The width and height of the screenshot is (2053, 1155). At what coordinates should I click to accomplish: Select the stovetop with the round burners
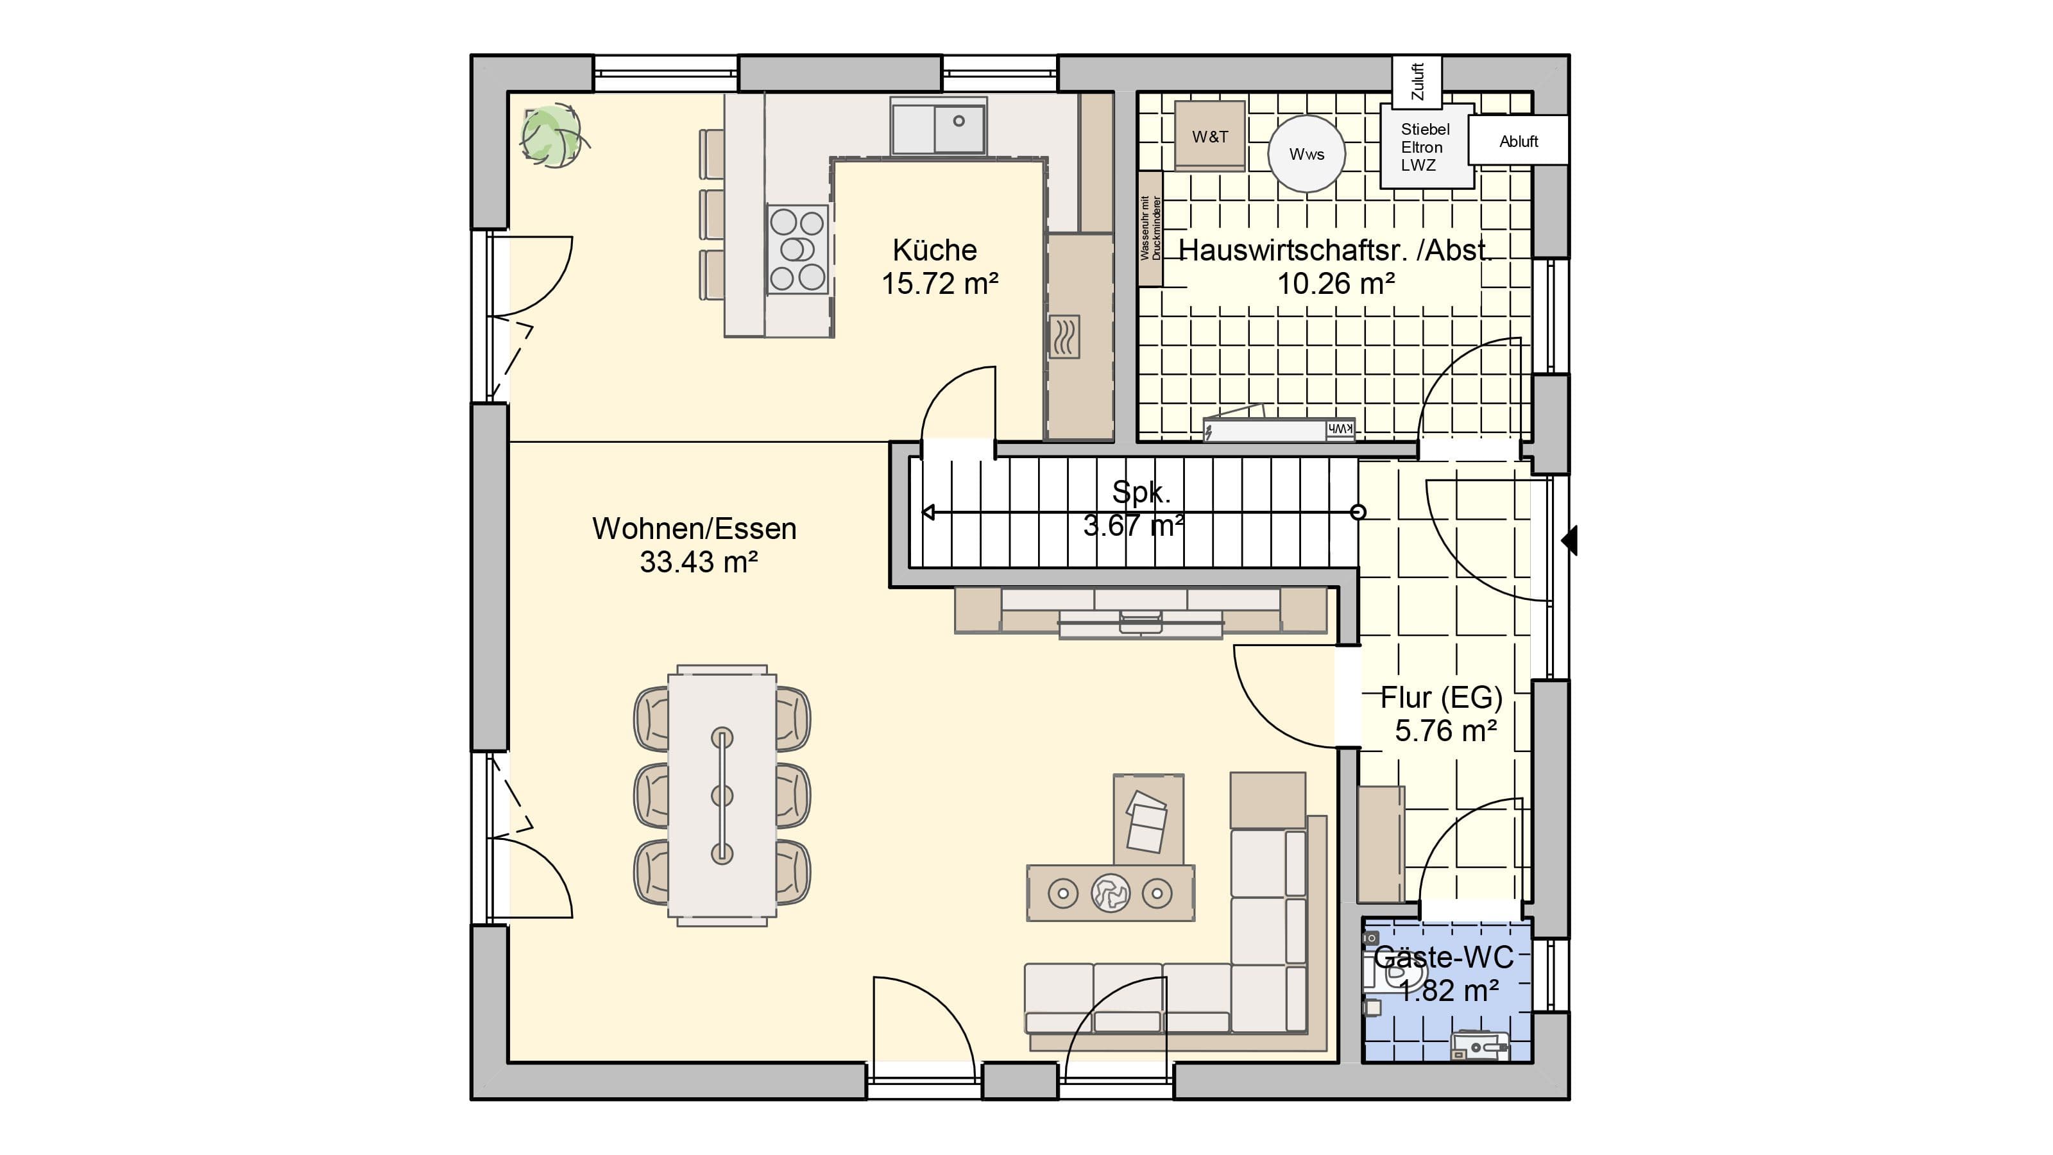[x=797, y=250]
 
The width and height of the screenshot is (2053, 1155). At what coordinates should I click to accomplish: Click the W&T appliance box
[x=1210, y=135]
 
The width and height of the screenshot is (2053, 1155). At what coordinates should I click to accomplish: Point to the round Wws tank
[x=1306, y=154]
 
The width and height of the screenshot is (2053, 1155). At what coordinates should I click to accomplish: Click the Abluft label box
[x=1518, y=141]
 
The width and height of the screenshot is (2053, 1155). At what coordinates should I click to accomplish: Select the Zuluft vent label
[x=1417, y=81]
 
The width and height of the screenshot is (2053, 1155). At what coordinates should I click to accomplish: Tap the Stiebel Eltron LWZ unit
[x=1427, y=148]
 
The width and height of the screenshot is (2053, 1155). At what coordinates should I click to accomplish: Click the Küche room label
[x=935, y=250]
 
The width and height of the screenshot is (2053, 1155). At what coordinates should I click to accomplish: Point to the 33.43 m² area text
[x=698, y=562]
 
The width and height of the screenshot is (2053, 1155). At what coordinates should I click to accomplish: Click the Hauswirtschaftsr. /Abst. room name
[x=1335, y=250]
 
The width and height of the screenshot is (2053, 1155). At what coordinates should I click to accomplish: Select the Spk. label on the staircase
[x=1141, y=493]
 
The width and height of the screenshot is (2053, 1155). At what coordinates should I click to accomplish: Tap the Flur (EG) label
[x=1441, y=697]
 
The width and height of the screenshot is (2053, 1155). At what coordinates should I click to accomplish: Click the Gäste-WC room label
[x=1444, y=957]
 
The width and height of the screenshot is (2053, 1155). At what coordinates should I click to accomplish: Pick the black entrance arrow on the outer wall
[x=1569, y=540]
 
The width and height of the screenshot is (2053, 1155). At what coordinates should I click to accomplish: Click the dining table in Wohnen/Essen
[x=722, y=796]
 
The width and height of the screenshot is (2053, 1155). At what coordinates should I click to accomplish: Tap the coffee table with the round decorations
[x=1110, y=893]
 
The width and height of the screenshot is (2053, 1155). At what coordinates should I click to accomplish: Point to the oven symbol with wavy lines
[x=1064, y=336]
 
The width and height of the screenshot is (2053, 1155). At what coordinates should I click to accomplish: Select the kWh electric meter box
[x=1279, y=429]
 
